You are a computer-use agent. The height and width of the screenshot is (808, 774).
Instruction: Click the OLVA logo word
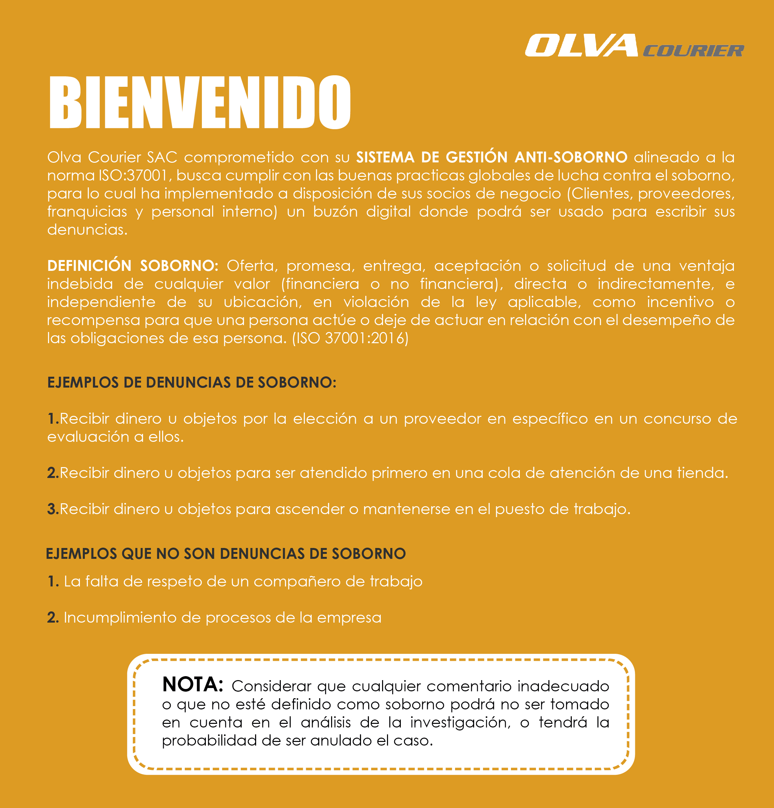pos(581,46)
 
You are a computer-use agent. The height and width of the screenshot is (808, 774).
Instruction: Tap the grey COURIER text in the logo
pos(693,51)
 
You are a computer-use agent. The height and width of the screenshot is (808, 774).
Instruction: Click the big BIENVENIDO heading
pos(200,102)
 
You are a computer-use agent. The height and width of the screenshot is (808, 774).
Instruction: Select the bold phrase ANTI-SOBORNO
pos(571,157)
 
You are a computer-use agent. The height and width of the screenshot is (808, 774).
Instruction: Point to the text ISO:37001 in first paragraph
pos(133,176)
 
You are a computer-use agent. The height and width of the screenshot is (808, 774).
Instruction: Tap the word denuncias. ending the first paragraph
pos(87,230)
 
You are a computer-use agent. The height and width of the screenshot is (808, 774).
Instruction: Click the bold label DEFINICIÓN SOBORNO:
pos(133,266)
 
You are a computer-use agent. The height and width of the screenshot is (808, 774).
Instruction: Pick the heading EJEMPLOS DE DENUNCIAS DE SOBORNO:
pos(192,383)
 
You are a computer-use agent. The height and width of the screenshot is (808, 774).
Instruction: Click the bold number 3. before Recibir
pos(53,509)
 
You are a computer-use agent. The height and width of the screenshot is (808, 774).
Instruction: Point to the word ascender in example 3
pos(310,509)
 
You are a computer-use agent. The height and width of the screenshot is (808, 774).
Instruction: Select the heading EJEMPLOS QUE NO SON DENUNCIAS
pos(226,554)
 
